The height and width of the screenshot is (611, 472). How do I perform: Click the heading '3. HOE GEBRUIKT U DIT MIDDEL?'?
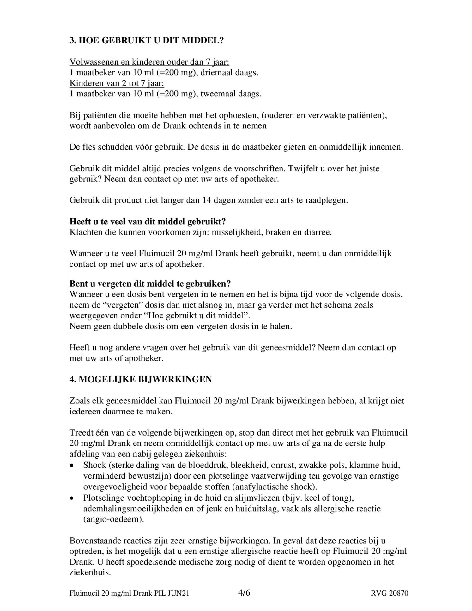point(147,40)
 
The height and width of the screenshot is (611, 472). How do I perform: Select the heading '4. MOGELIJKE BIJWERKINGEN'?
point(141,379)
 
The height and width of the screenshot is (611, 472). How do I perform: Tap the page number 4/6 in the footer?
point(244,593)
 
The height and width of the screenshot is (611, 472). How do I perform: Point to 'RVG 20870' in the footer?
point(389,593)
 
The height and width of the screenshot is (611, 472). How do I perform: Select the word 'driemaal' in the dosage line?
point(217,73)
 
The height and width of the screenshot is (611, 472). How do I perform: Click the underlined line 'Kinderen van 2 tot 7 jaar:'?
point(117,83)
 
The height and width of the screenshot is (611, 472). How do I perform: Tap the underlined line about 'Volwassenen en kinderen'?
point(149,62)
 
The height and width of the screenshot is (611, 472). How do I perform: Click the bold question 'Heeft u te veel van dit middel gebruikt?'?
point(148,221)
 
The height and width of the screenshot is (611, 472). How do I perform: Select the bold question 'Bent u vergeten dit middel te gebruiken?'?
point(150,284)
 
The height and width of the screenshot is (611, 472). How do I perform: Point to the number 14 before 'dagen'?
point(207,200)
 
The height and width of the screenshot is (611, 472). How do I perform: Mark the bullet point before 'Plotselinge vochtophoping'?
point(72,498)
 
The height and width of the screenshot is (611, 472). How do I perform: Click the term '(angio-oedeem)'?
point(113,519)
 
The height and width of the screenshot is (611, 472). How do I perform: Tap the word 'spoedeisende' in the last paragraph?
point(151,562)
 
